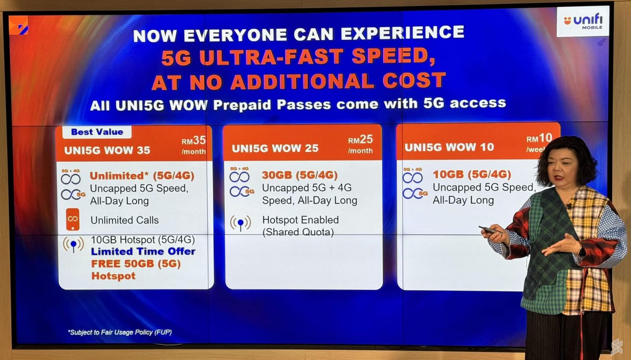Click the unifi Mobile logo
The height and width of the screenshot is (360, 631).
point(583,21)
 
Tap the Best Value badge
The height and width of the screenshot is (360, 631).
point(97,132)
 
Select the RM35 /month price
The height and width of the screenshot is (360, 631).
point(193,145)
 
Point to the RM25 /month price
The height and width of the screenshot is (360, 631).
point(360,144)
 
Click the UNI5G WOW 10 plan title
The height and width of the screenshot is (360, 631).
point(449,147)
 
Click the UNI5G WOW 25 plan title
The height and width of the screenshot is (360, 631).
point(275,149)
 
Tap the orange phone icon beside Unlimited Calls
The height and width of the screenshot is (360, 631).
point(73,220)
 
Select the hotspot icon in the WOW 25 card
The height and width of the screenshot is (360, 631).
point(240,223)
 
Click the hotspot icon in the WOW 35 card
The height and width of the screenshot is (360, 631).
point(73,245)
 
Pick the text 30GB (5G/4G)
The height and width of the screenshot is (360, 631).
point(300,175)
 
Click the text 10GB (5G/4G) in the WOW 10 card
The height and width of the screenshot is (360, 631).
point(472,174)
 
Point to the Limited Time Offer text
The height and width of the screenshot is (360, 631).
point(143,251)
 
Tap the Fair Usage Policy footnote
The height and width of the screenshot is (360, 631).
point(120,332)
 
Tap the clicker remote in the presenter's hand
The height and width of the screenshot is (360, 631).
point(488,230)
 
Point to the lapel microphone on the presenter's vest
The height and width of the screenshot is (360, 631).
point(569,206)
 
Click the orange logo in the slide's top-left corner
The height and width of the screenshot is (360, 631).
point(19,25)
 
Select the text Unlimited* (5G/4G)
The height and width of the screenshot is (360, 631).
point(142,176)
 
